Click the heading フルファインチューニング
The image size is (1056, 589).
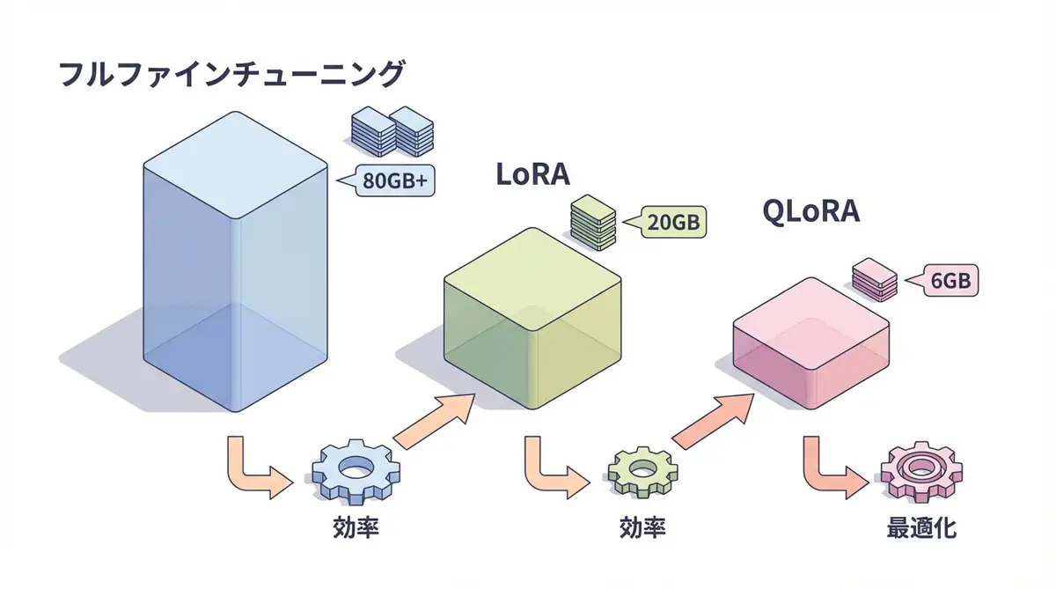[231, 73]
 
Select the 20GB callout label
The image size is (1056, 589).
[674, 223]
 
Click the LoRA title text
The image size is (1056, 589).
[532, 174]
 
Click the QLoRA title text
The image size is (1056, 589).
[810, 212]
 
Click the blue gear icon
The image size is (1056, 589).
[355, 471]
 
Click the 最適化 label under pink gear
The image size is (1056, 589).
[921, 529]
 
